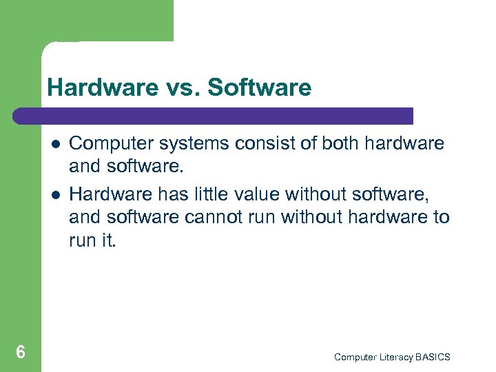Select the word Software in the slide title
[x=259, y=87]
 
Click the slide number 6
[x=21, y=353]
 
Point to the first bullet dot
[x=54, y=144]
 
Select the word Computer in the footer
[x=354, y=357]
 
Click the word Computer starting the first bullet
[x=112, y=143]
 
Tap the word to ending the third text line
[x=441, y=218]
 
